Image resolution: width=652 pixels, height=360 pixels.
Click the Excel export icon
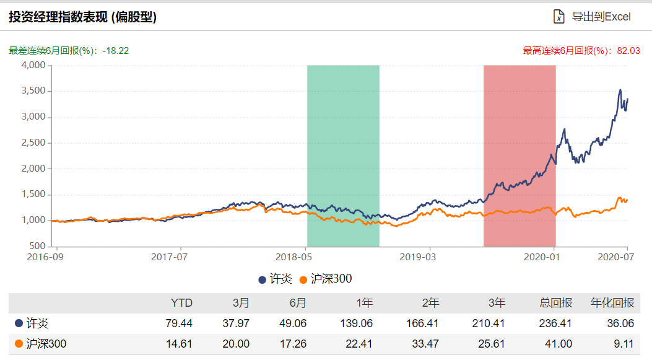[559, 17]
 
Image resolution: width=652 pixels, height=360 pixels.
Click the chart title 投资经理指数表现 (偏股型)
[82, 17]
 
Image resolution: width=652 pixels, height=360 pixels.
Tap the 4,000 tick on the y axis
[33, 65]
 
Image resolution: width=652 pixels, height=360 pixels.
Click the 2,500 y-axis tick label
[33, 143]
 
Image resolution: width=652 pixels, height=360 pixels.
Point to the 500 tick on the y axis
[38, 246]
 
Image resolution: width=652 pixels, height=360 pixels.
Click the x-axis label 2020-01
[541, 256]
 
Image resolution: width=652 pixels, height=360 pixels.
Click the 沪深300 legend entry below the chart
[325, 279]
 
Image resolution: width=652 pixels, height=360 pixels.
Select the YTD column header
[181, 303]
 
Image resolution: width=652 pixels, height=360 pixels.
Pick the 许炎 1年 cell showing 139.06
[359, 323]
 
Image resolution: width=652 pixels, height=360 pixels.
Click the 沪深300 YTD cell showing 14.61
[179, 344]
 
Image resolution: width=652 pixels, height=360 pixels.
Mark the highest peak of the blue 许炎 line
[620, 90]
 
